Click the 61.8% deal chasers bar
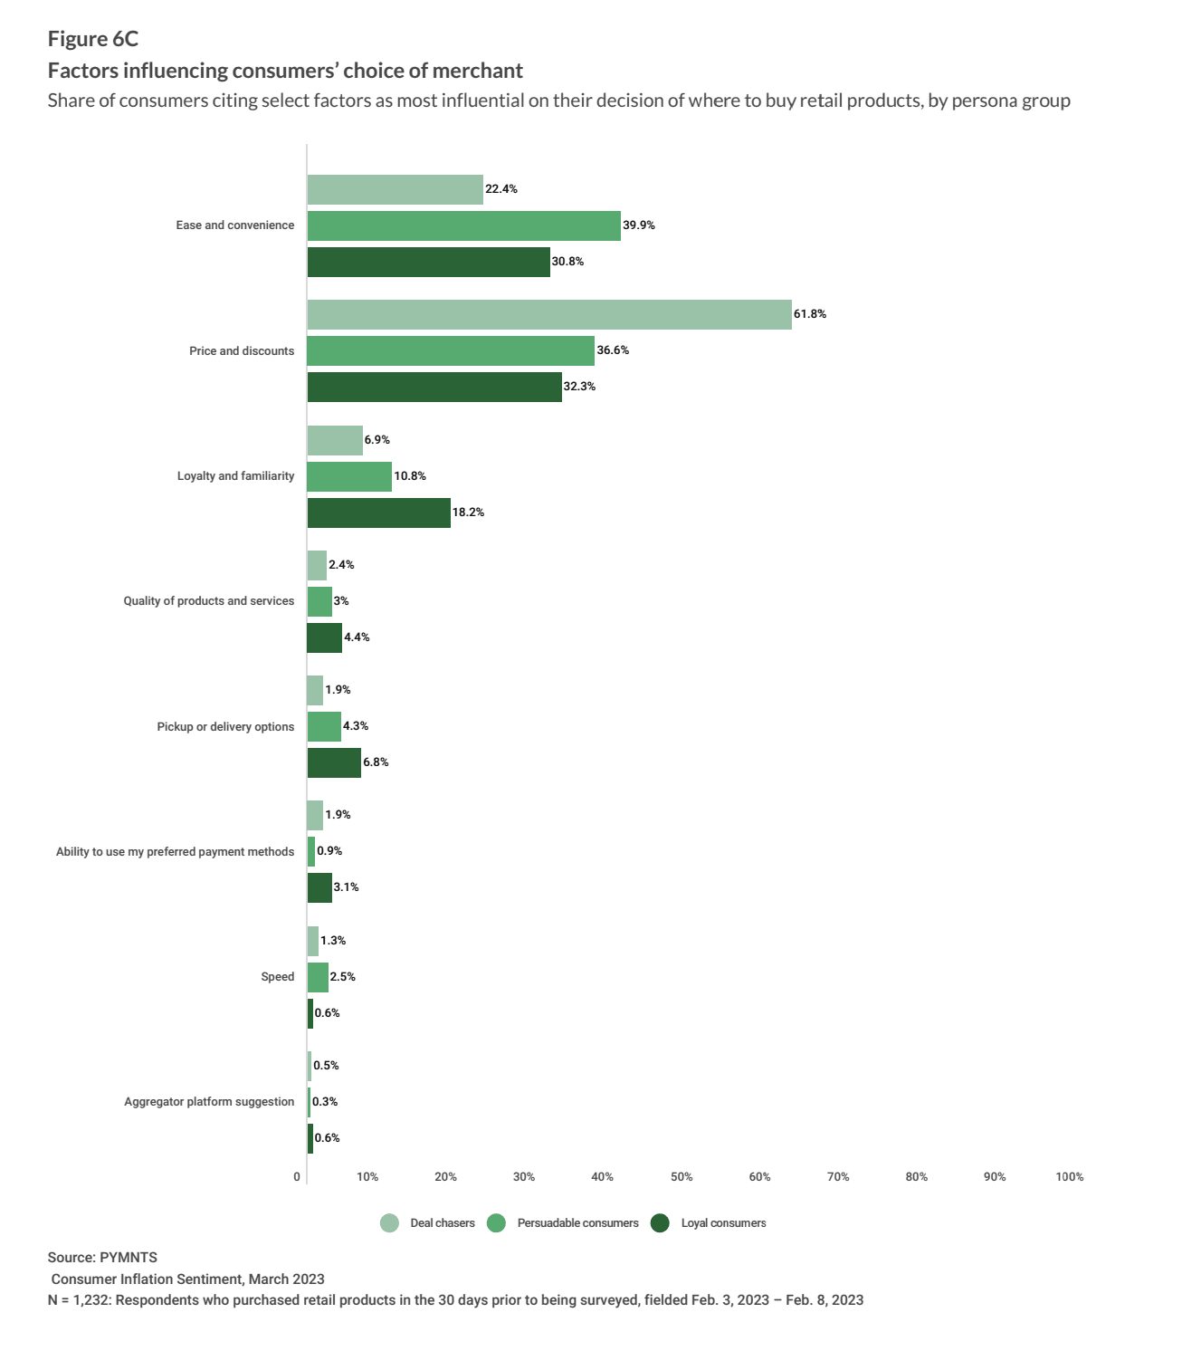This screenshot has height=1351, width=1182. (549, 314)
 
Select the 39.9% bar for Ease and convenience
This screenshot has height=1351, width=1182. (464, 225)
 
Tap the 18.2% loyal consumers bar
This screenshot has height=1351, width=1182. (379, 513)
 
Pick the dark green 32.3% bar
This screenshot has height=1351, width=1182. (434, 387)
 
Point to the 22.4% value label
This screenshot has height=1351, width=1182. (500, 189)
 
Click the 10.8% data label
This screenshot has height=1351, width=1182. (410, 476)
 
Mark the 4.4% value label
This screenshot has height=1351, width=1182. (357, 637)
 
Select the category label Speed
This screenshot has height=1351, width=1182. (277, 977)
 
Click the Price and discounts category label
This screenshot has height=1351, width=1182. (242, 350)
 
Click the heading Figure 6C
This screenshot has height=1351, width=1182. (93, 39)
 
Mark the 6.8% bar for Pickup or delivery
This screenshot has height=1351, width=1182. (334, 762)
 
